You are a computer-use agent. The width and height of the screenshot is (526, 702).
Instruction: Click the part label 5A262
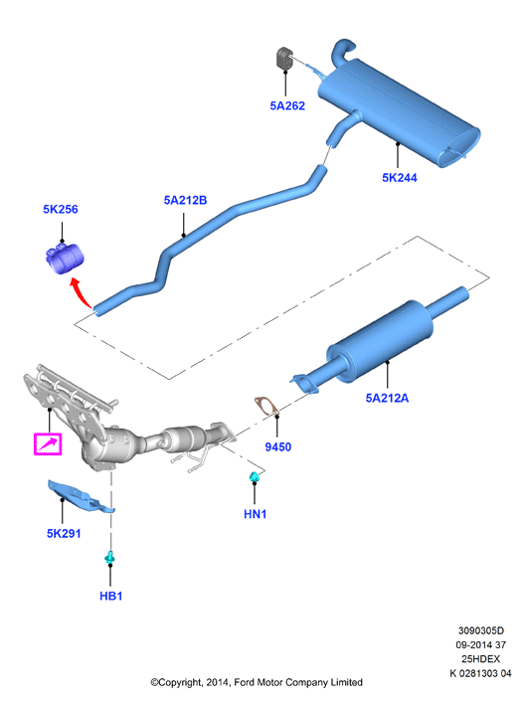[x=287, y=105]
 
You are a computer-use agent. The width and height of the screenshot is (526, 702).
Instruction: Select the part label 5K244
[x=400, y=178]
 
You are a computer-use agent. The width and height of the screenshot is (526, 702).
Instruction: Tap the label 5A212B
[x=185, y=200]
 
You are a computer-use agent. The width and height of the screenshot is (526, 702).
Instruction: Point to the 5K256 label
[x=61, y=209]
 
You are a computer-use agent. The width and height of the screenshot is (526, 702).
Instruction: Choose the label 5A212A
[x=387, y=398]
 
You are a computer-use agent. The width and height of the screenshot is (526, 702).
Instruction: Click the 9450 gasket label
[x=278, y=446]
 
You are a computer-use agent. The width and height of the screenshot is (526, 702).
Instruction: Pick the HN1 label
[x=256, y=514]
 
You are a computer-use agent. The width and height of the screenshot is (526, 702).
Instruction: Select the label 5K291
[x=64, y=533]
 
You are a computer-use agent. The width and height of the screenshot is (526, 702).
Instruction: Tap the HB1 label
[x=111, y=596]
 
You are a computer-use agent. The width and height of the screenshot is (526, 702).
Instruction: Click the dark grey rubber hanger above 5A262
[x=283, y=59]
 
